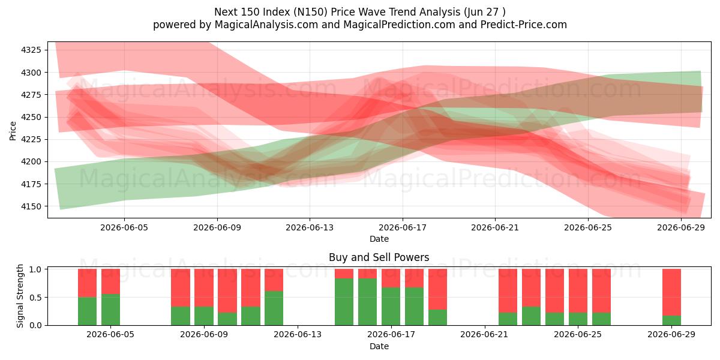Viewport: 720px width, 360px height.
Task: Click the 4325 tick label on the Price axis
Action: [31, 50]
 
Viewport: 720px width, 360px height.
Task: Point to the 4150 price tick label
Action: [31, 206]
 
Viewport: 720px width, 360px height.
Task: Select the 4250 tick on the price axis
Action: [31, 117]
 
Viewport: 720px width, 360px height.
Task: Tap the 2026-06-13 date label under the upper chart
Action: [310, 227]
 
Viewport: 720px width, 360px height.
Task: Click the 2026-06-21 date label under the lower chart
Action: [484, 334]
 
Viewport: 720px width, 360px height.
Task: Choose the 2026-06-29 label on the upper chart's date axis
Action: [681, 227]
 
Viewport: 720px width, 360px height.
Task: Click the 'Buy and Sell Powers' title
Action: [379, 257]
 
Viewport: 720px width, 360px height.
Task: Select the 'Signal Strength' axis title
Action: [20, 296]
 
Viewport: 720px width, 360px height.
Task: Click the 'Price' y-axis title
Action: [13, 131]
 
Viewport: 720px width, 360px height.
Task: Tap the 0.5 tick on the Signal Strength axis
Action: [35, 298]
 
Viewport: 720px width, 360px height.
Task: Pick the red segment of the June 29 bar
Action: [671, 292]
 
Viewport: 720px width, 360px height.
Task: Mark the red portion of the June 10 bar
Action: [227, 291]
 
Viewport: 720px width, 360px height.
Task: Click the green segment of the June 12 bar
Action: [274, 308]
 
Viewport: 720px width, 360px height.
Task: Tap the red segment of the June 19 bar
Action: [437, 289]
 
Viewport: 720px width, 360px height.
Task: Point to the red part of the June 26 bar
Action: [601, 291]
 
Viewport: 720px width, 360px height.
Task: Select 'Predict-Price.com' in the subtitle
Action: [524, 25]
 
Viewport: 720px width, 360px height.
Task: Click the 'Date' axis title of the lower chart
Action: [379, 346]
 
